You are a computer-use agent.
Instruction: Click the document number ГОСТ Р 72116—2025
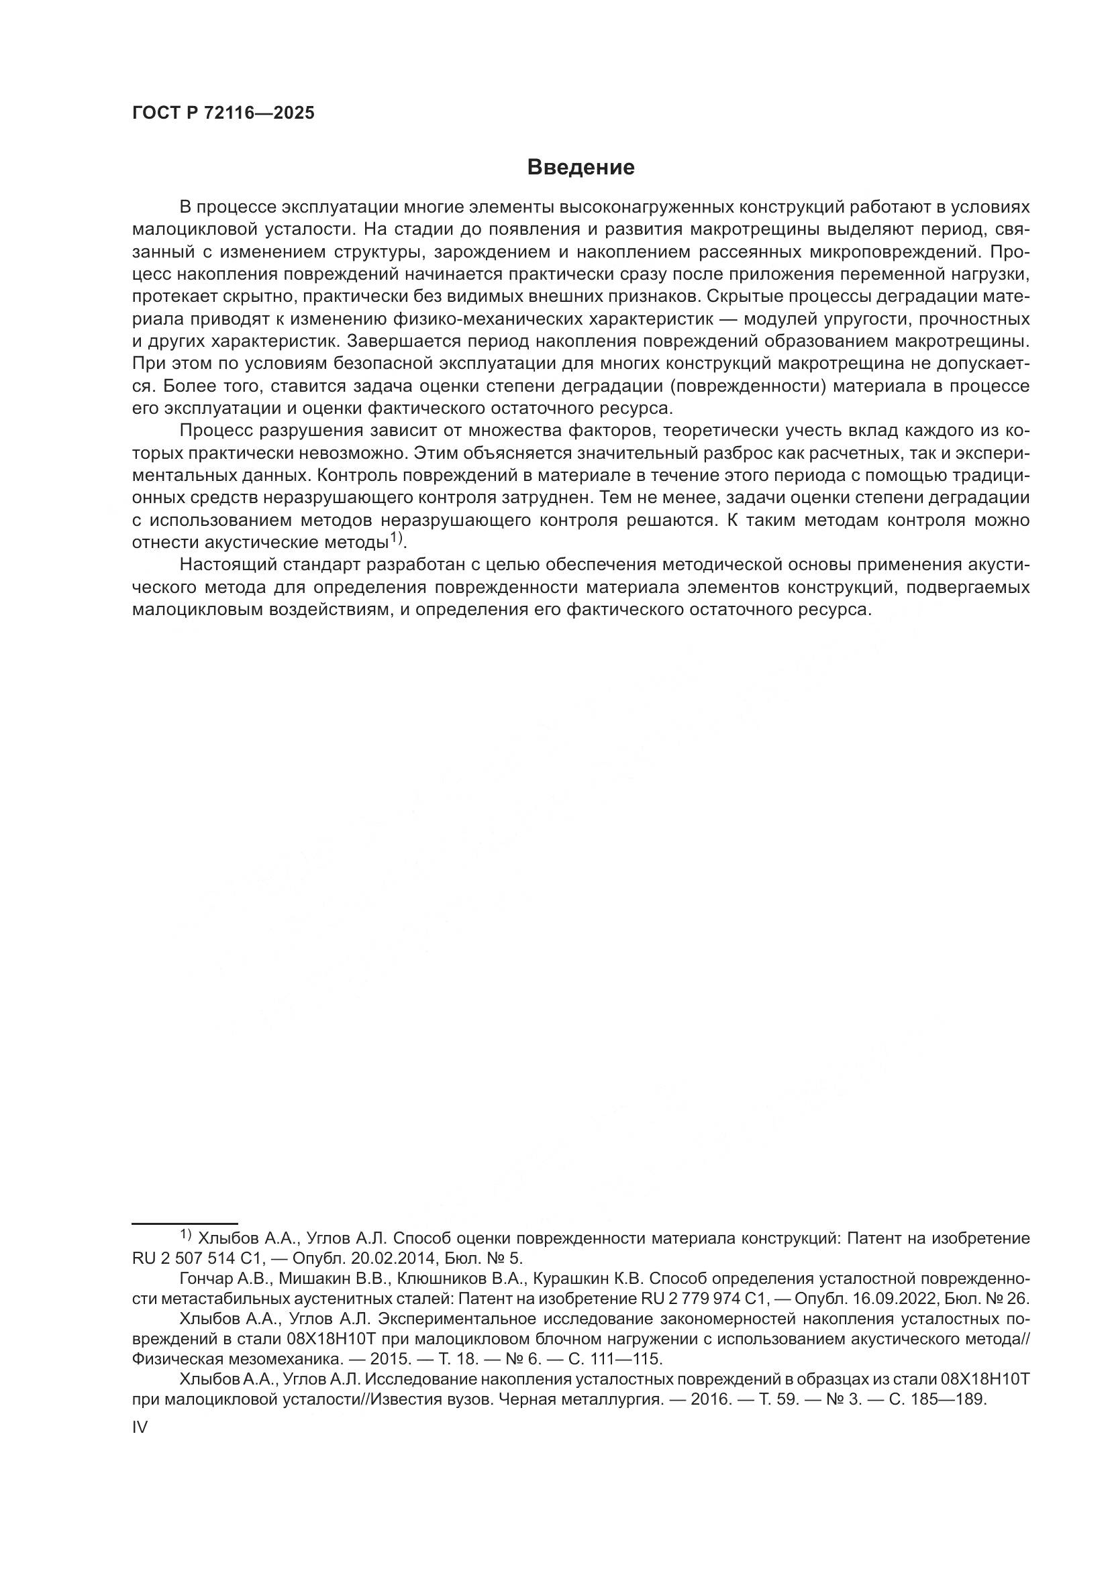pos(223,113)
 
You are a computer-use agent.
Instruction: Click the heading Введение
pos(581,168)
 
